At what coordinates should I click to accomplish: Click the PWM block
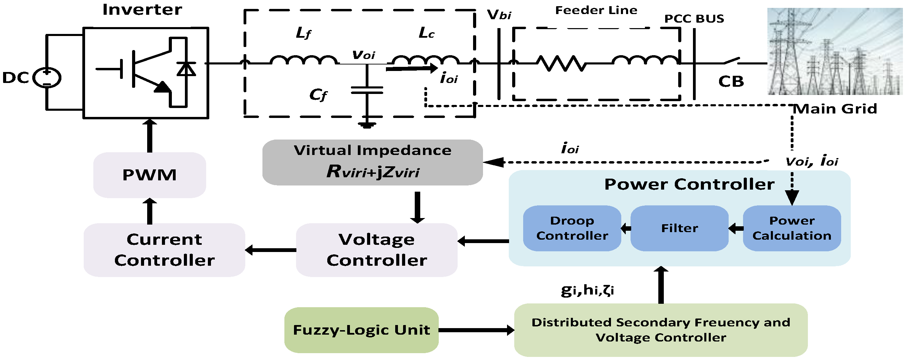(x=150, y=175)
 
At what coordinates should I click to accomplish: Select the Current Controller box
(x=164, y=250)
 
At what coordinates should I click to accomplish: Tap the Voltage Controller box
(x=376, y=250)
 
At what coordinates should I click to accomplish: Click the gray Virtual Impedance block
(x=372, y=162)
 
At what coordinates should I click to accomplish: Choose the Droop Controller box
(x=572, y=228)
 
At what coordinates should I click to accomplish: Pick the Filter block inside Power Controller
(x=679, y=228)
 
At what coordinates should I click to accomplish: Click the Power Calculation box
(x=791, y=228)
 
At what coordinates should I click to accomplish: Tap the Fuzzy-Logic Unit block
(x=361, y=330)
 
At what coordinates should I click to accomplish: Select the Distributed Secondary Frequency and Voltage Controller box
(x=660, y=330)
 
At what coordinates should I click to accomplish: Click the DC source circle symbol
(x=47, y=77)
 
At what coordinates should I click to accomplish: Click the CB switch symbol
(x=731, y=61)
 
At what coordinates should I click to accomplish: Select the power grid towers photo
(x=834, y=52)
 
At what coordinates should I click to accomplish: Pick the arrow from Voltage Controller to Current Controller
(x=270, y=250)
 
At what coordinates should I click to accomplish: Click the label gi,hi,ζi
(x=587, y=290)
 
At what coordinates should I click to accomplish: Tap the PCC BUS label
(x=694, y=19)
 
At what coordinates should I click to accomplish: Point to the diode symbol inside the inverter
(x=186, y=69)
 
